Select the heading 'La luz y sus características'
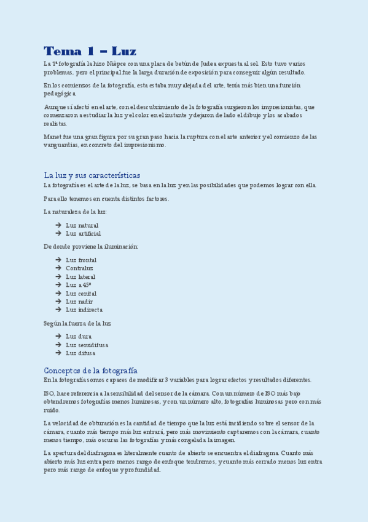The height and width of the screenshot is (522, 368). [92, 175]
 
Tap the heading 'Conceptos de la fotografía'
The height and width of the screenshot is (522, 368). [90, 370]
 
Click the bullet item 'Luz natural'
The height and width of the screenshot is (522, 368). [82, 225]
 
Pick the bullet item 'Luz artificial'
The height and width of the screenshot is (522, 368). [83, 234]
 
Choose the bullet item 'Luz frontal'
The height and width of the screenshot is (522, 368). [81, 260]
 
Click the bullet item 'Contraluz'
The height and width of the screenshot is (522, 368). [79, 268]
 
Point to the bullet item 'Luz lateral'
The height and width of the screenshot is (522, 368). [80, 277]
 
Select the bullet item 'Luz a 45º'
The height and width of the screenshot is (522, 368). [78, 285]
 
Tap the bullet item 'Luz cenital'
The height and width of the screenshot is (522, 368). [81, 294]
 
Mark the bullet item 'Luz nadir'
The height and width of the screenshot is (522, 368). [79, 302]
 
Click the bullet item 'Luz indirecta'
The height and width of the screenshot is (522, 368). [84, 310]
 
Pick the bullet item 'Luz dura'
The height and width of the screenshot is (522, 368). [79, 336]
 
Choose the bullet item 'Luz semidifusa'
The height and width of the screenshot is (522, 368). [86, 345]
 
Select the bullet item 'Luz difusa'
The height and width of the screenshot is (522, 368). [80, 353]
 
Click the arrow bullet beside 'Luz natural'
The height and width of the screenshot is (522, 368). [58, 225]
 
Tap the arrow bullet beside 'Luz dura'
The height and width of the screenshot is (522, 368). [58, 336]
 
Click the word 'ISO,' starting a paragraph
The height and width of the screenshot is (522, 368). [50, 393]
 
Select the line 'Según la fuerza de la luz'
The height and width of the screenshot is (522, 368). [77, 323]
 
